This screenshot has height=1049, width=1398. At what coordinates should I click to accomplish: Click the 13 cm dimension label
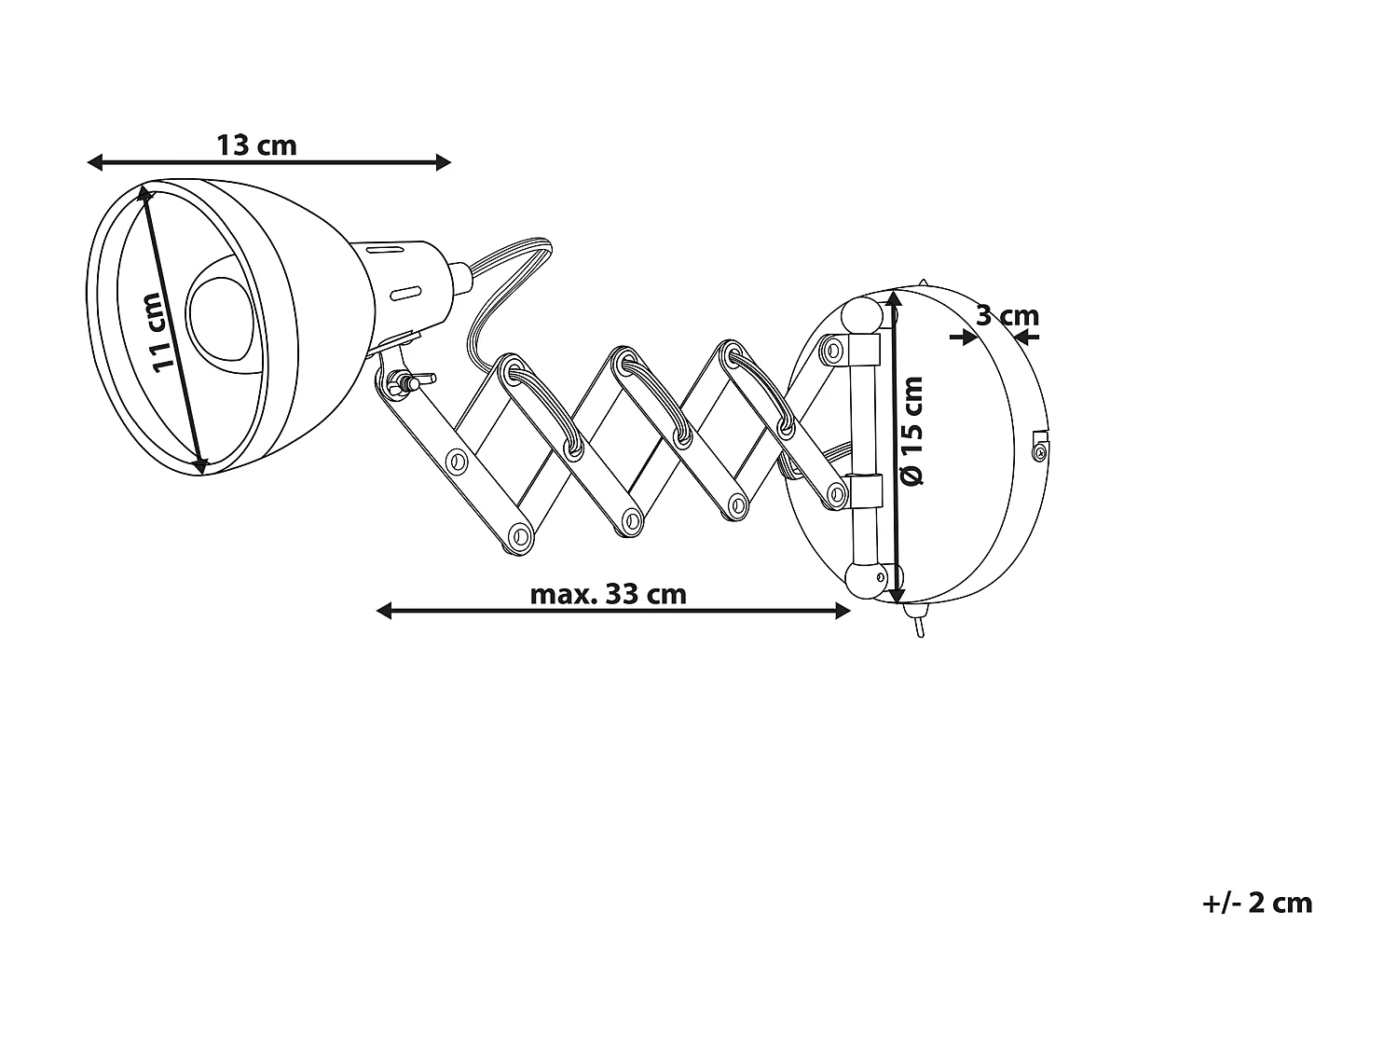(256, 145)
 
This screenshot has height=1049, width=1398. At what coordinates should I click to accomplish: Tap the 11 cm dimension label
(158, 332)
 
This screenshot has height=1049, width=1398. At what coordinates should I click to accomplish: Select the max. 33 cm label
(608, 594)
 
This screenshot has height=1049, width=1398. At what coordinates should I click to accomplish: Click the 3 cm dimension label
(1007, 316)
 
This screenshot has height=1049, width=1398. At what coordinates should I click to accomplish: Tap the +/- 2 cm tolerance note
(1257, 903)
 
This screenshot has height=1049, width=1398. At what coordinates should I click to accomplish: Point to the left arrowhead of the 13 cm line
(94, 163)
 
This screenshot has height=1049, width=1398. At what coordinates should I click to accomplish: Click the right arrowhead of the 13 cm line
(444, 163)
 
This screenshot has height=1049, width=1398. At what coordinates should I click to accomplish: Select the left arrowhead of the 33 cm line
(383, 611)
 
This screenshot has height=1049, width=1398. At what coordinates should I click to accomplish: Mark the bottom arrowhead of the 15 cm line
(898, 596)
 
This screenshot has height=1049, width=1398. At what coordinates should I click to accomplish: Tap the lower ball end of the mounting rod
(864, 578)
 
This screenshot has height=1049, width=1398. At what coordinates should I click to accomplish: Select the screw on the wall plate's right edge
(1039, 451)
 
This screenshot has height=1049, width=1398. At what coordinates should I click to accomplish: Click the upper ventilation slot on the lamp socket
(384, 249)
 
